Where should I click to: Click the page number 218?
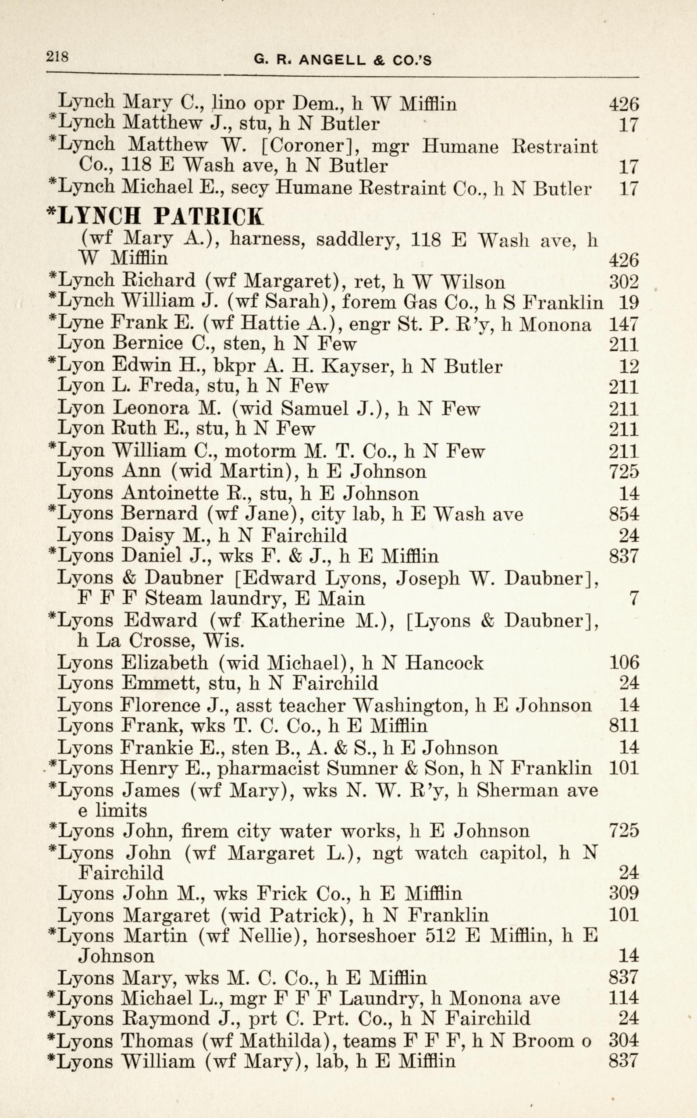[x=57, y=57]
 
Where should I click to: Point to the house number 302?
[x=624, y=281]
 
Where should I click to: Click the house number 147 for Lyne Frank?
[x=624, y=324]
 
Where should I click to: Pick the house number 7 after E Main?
[x=634, y=599]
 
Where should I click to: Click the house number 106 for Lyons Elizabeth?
[x=624, y=663]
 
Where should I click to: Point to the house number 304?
[x=624, y=1028]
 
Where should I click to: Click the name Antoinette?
[x=170, y=493]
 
